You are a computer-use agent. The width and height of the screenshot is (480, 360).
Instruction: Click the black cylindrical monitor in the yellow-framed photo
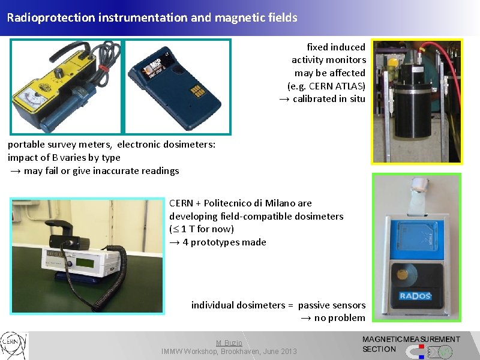click(x=411, y=105)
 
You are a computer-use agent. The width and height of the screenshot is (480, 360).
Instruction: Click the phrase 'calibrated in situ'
click(x=329, y=99)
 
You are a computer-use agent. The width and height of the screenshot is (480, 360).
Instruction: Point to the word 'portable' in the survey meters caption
click(x=26, y=145)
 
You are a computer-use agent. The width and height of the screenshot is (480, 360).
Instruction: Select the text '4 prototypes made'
click(x=224, y=242)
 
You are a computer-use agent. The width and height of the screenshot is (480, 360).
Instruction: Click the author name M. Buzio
click(x=229, y=342)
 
